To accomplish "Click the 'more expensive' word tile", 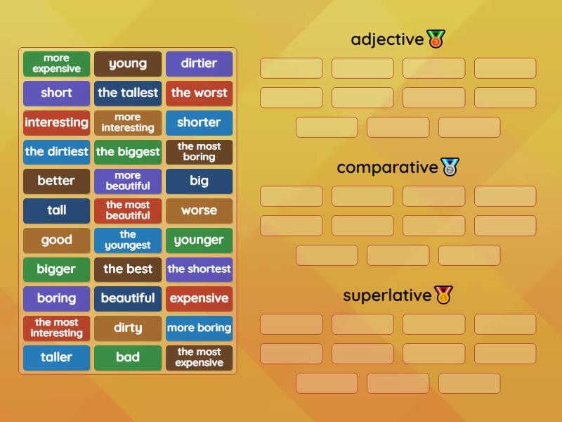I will click(56, 63).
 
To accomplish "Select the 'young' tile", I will click(128, 63).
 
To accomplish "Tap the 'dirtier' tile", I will click(199, 63).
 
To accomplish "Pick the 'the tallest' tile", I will click(128, 93).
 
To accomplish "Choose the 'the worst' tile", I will click(199, 93).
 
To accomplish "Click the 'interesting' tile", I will click(56, 122).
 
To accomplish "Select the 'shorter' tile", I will click(199, 122).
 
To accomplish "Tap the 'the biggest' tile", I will click(128, 152).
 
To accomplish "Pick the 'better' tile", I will click(56, 181).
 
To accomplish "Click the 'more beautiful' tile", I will click(128, 181).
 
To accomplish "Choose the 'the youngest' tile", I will click(128, 240).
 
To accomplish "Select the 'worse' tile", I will click(199, 210).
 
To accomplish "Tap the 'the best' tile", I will click(128, 269).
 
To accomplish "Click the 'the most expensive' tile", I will click(199, 357).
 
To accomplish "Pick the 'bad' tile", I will click(128, 357).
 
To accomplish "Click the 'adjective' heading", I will click(387, 39).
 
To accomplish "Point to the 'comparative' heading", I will click(387, 167).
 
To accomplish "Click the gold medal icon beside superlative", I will click(443, 295).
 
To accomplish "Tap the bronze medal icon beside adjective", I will click(436, 39).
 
